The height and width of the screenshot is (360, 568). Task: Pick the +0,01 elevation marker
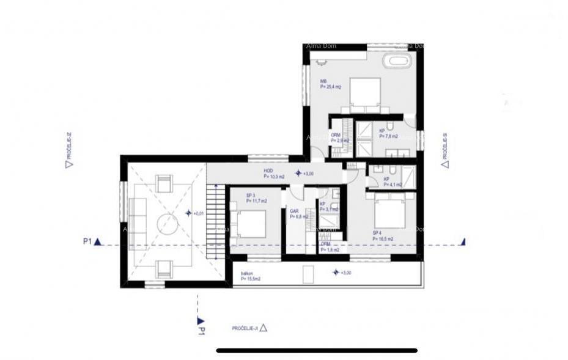point(194,213)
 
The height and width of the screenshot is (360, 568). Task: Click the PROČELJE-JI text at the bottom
point(245,328)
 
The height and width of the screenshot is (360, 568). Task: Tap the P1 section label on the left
point(87,241)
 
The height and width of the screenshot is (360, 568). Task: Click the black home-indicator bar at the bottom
point(317,351)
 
